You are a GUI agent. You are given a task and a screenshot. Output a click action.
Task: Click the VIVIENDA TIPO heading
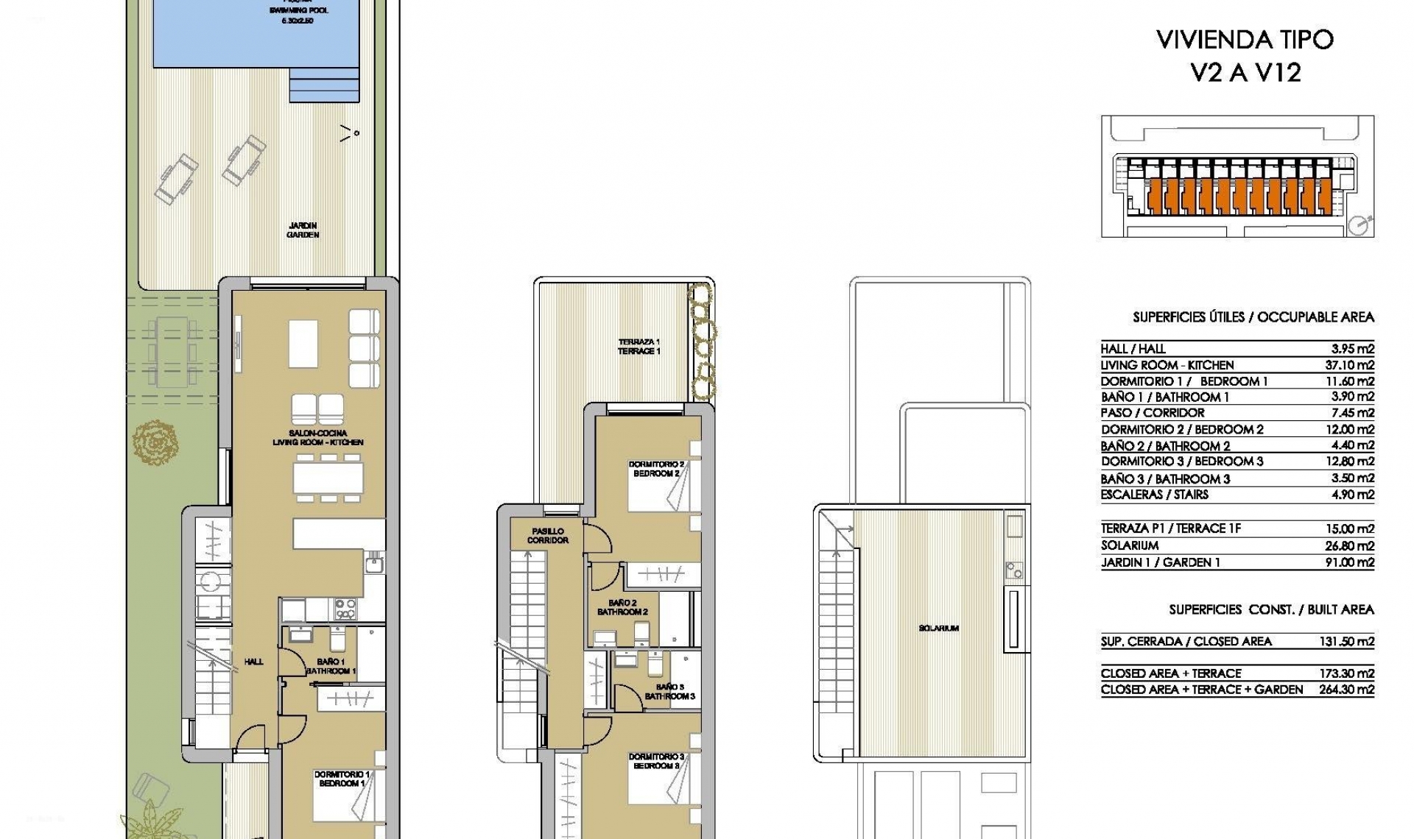pos(1245,40)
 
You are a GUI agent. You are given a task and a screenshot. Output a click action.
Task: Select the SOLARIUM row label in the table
pos(1130,545)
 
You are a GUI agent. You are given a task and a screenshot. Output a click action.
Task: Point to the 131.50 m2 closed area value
pos(1346,641)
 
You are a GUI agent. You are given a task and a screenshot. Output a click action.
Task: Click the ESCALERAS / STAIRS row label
pos(1154,495)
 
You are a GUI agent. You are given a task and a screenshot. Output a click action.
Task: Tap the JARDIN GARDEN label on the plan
pos(303,230)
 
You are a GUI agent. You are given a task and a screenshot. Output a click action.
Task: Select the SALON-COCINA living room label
pos(317,438)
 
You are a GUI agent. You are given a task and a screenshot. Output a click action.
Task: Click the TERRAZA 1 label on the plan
pos(639,347)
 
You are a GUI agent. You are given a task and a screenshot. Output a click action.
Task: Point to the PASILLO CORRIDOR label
pos(547,535)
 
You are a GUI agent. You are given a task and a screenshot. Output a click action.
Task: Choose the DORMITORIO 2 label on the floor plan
pos(655,469)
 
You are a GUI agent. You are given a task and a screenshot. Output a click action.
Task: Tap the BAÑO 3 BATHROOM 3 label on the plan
pos(669,692)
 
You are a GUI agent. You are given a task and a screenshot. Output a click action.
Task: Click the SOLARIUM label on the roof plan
pos(938,629)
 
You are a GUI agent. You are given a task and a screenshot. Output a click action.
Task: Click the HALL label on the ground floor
pos(253,662)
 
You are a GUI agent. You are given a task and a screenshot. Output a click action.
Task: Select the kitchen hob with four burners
pos(345,609)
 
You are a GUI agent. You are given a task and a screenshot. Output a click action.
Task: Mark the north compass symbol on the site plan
pos(1360,225)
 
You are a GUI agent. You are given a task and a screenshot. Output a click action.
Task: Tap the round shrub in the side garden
pos(155,442)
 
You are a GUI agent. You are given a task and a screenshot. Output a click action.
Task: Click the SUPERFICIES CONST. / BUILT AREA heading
pos(1271,609)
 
